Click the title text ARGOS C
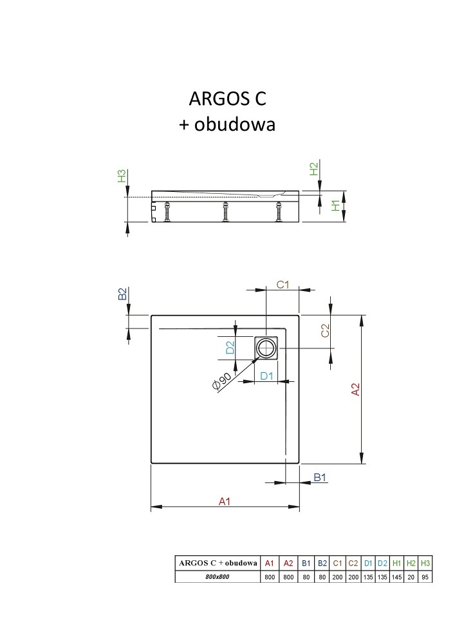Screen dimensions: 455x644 pyautogui.click(x=227, y=99)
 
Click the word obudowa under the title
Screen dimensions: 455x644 pyautogui.click(x=234, y=124)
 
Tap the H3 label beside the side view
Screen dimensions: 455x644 pyautogui.click(x=122, y=176)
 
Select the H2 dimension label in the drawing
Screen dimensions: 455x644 pyautogui.click(x=313, y=169)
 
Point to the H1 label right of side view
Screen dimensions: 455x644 pyautogui.click(x=336, y=205)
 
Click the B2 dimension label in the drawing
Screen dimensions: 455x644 pyautogui.click(x=122, y=294)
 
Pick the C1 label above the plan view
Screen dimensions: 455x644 pyautogui.click(x=283, y=284)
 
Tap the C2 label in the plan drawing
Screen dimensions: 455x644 pyautogui.click(x=325, y=330)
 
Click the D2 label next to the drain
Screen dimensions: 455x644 pyautogui.click(x=230, y=348)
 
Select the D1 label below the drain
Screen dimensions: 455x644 pyautogui.click(x=266, y=375)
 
